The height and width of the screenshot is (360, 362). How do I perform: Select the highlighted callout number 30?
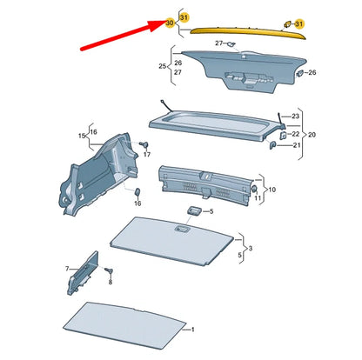click(170, 23)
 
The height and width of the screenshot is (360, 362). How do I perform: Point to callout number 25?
click(162, 66)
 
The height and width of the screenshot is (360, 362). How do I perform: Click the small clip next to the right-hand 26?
click(299, 74)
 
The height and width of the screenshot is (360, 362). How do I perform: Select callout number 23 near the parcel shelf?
click(295, 116)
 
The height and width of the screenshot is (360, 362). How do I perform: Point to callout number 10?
click(271, 189)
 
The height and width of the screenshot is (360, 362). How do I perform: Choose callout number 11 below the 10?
click(257, 199)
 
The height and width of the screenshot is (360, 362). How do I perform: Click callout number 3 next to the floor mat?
click(251, 249)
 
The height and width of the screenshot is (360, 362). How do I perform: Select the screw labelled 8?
click(109, 272)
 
